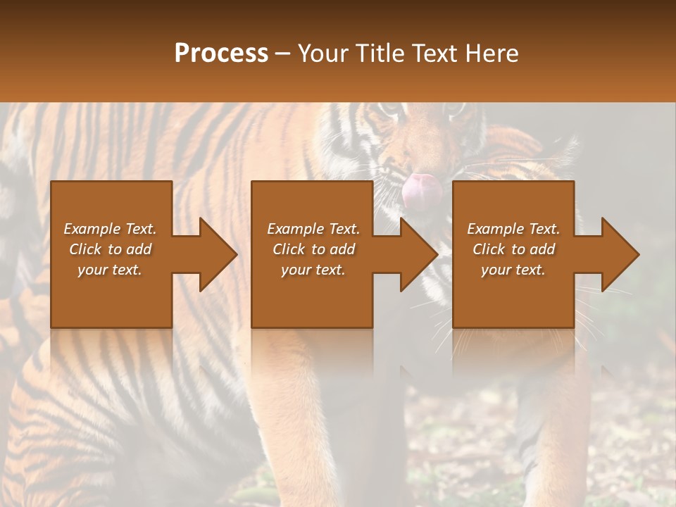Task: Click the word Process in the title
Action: (221, 54)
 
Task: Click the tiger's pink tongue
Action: (421, 187)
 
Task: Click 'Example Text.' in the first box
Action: (110, 229)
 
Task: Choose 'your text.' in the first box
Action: (110, 270)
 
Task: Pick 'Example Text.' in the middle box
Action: (313, 229)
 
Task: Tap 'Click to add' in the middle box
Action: (313, 249)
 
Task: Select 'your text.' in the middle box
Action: (313, 270)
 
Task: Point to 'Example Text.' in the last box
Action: (513, 229)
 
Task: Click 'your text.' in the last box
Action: (513, 270)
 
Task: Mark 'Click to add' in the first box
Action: (110, 249)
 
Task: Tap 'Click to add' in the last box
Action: (513, 249)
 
